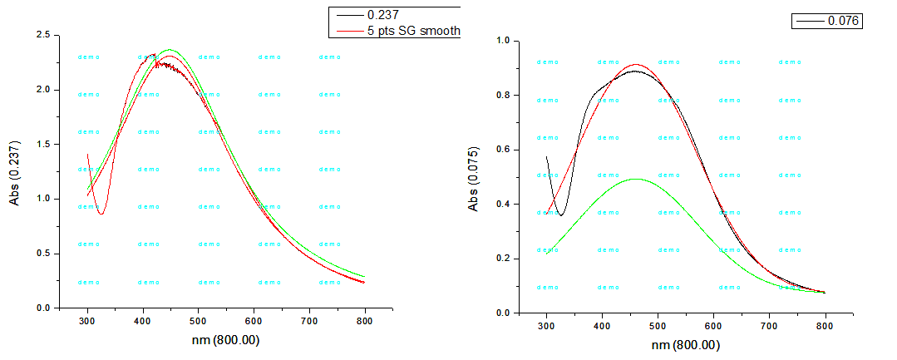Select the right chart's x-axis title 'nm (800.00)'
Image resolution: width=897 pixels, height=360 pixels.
[x=686, y=345]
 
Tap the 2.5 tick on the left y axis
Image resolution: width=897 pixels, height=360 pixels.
[x=42, y=35]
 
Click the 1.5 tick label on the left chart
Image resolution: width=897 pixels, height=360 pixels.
[x=42, y=144]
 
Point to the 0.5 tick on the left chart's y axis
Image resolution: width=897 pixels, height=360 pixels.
[x=42, y=253]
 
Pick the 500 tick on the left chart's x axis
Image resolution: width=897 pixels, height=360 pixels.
[x=198, y=320]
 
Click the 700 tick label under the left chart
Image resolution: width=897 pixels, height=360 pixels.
[x=309, y=320]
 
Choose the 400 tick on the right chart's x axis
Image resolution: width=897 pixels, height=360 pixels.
[x=603, y=325]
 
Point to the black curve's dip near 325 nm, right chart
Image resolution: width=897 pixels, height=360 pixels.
[x=561, y=215]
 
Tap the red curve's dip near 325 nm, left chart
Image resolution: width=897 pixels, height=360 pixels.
[x=101, y=214]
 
